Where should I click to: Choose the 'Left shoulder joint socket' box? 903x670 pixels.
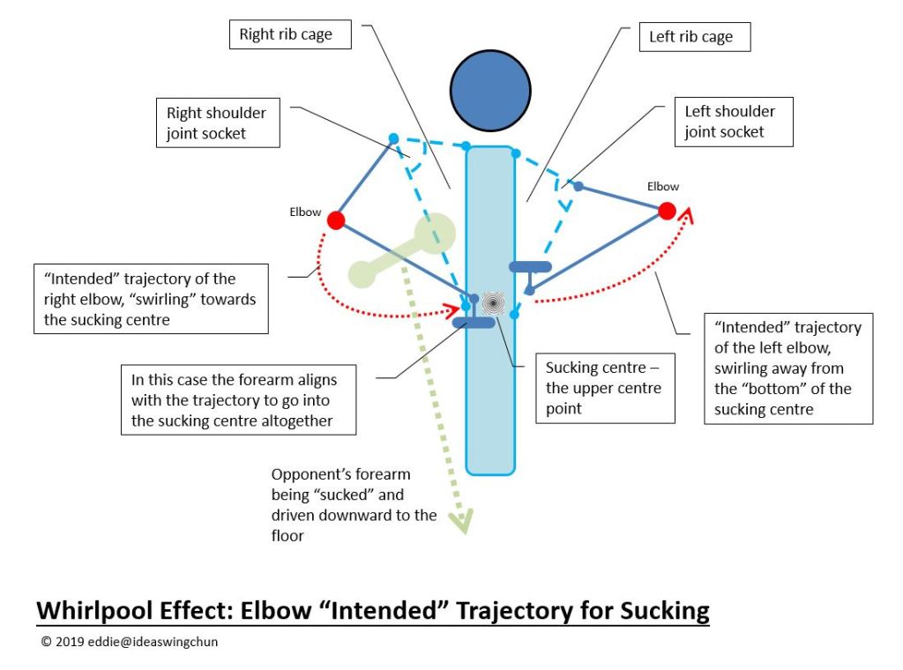730,122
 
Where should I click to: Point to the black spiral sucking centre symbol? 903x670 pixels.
493,304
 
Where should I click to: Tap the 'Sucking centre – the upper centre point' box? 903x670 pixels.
604,387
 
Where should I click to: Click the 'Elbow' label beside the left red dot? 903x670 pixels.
305,212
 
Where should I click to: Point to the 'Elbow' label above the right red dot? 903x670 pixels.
663,186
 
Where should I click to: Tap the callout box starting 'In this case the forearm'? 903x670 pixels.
238,399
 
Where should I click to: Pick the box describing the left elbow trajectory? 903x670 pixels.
788,368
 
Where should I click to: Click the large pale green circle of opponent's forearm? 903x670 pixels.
435,234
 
